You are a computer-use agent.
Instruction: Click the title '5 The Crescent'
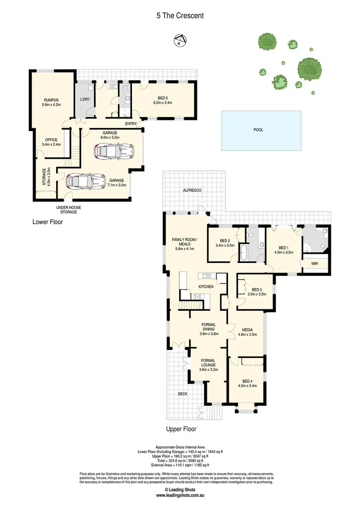point(180,15)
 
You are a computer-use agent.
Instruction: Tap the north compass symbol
point(180,40)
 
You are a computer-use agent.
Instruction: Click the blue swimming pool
point(262,130)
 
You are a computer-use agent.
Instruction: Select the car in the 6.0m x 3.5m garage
point(113,152)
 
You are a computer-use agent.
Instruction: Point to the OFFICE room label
point(51,140)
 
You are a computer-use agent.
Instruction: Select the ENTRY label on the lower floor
point(131,124)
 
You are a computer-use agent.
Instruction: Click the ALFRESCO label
point(192,190)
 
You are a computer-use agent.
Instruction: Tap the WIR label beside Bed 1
point(314,263)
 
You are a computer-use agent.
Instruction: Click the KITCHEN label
point(206,287)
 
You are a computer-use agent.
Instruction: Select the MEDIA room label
point(247,330)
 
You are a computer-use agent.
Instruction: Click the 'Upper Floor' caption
point(181,429)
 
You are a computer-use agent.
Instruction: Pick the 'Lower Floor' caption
point(47,222)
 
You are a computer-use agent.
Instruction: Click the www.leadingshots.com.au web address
point(180,494)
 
